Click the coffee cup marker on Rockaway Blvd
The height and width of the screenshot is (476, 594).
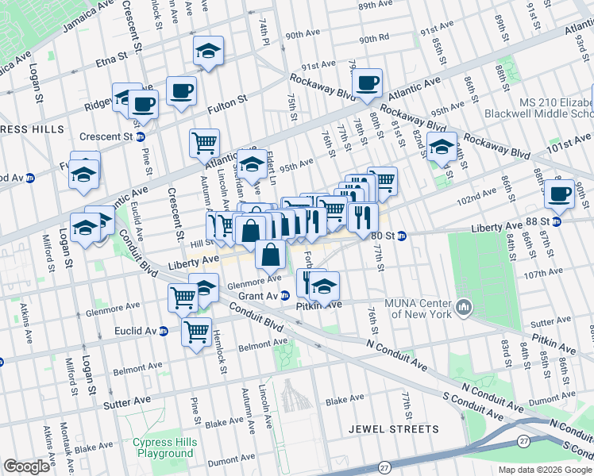pyautogui.click(x=367, y=83)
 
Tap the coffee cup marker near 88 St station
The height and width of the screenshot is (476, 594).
pyautogui.click(x=559, y=194)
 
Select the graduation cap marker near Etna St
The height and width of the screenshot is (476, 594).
pyautogui.click(x=208, y=52)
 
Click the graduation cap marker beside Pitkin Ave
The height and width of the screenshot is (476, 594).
pyautogui.click(x=323, y=286)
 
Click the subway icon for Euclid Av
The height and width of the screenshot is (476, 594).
pyautogui.click(x=163, y=331)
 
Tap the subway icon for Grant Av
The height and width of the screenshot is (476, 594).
pyautogui.click(x=283, y=296)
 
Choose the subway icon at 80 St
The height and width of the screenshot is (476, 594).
pyautogui.click(x=402, y=235)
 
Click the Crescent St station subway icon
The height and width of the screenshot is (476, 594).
pyautogui.click(x=141, y=136)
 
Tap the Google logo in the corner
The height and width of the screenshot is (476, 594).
pyautogui.click(x=26, y=466)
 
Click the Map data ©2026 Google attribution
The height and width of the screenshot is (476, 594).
pyautogui.click(x=545, y=470)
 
